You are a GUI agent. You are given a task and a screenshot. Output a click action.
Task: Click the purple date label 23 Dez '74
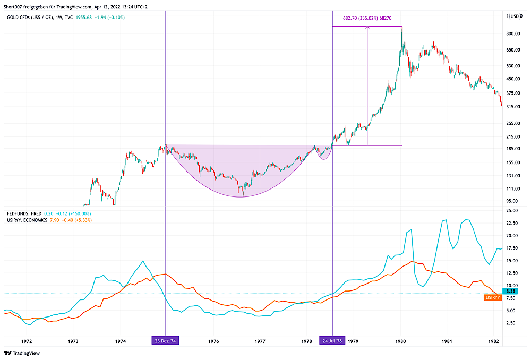tap(165, 340)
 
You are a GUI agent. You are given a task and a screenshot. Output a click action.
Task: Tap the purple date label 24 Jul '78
tap(332, 340)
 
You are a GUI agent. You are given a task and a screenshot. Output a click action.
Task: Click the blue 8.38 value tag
tap(510, 291)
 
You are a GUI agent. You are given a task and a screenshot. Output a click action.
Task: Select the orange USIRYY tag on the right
tap(492, 298)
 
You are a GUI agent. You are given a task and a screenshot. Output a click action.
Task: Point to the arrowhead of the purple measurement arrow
tap(367, 29)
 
